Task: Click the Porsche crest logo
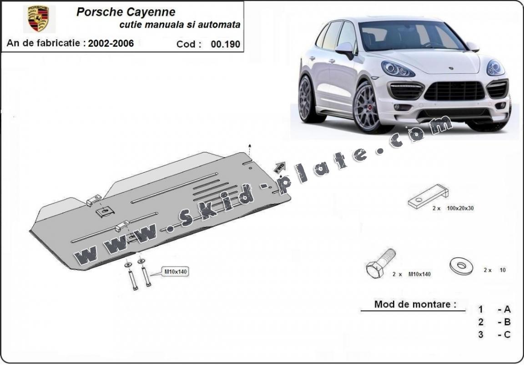click(x=39, y=19)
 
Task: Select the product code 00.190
click(x=225, y=44)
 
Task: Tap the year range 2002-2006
click(x=111, y=44)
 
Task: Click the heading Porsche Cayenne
click(x=126, y=12)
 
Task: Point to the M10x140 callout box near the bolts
click(x=176, y=272)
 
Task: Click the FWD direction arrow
click(x=279, y=167)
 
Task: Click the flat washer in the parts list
click(x=461, y=265)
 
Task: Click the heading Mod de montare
click(x=415, y=304)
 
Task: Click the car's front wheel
click(x=367, y=107)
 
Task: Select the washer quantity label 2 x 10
click(x=495, y=270)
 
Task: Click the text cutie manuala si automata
click(x=180, y=25)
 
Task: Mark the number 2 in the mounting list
click(x=481, y=322)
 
